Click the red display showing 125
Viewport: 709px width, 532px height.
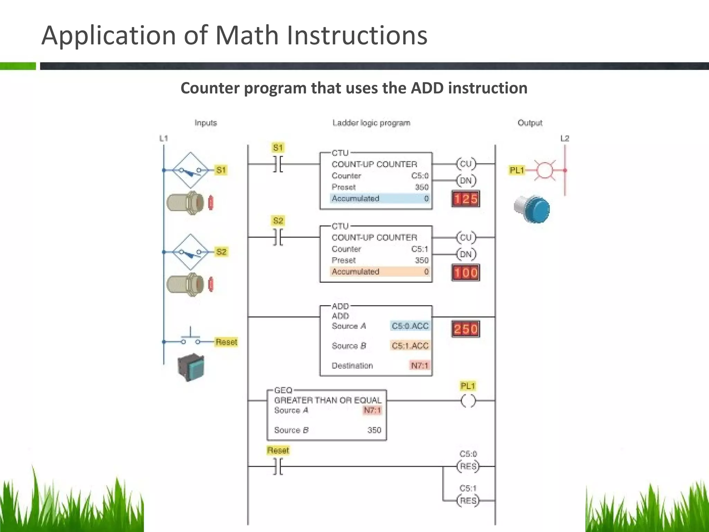click(x=466, y=199)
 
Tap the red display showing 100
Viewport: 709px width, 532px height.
click(x=466, y=273)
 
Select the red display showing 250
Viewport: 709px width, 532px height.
click(x=466, y=329)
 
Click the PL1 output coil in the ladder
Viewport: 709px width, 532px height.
click(x=468, y=401)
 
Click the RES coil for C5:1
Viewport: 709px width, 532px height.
click(x=468, y=500)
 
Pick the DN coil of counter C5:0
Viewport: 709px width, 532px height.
click(x=466, y=180)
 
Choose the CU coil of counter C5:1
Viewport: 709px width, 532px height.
click(x=466, y=237)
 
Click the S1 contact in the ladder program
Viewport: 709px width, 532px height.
click(x=278, y=164)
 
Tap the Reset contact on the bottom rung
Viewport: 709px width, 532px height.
click(x=278, y=467)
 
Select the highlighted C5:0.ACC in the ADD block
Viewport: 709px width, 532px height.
click(x=410, y=326)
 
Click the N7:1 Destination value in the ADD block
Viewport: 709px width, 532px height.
click(x=420, y=365)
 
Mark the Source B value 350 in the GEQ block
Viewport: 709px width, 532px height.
click(x=374, y=430)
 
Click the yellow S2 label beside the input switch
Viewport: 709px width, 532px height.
click(x=221, y=252)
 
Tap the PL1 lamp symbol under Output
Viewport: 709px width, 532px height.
click(x=545, y=170)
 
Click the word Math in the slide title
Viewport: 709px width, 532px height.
click(x=247, y=35)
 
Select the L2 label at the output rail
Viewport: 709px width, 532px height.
click(x=565, y=139)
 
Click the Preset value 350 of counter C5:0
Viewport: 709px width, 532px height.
click(x=422, y=187)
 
